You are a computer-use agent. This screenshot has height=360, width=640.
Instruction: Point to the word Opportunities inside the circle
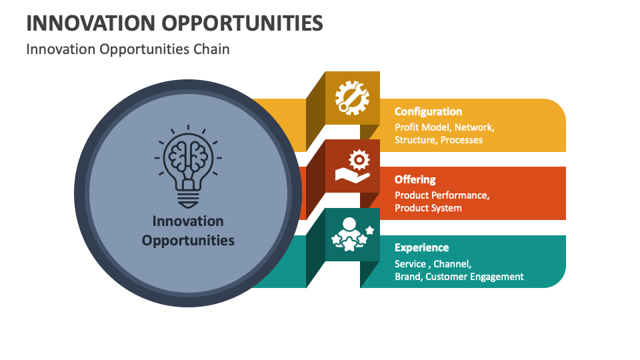coord(188,240)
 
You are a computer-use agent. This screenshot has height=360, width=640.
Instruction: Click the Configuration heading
coord(428,111)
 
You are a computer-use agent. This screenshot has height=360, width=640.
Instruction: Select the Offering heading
coord(415,179)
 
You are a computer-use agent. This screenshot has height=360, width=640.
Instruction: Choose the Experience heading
coord(421,247)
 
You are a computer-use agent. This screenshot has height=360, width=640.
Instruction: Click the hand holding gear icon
coord(351,166)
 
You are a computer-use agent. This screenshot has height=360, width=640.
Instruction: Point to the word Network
coord(474,127)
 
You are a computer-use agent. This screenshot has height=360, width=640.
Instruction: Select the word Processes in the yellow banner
coord(461,140)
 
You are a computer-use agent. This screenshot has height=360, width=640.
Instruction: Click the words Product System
coord(428,208)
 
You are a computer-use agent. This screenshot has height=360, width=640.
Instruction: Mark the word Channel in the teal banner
coord(452,263)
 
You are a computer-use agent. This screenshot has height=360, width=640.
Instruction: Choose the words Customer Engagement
coord(475,277)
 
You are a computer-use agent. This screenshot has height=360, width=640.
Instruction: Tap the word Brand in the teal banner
coord(407,277)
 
